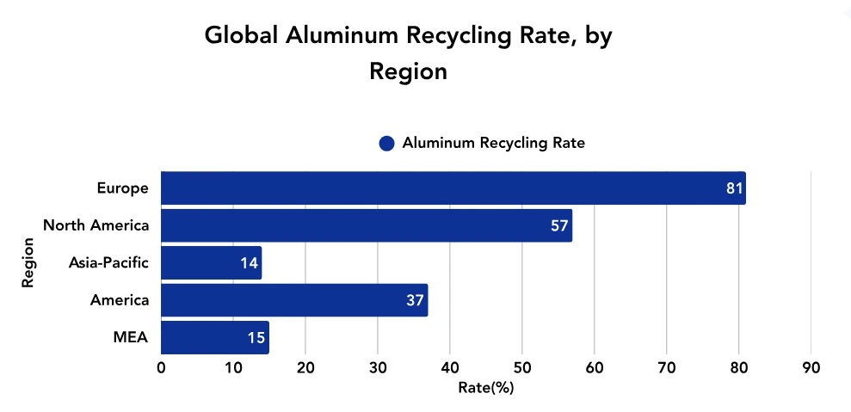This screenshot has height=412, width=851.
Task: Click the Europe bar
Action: point(453,188)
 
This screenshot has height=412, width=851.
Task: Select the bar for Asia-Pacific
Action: point(211,263)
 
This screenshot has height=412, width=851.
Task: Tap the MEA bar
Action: point(214,338)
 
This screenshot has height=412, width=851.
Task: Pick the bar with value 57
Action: point(366,225)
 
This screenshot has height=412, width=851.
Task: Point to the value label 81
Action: point(734,188)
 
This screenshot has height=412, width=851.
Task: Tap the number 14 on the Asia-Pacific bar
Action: point(250,263)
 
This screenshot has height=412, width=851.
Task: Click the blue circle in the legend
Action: point(386,144)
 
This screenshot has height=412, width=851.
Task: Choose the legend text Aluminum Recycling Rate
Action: point(493,144)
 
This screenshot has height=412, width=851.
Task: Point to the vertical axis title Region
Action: point(28,263)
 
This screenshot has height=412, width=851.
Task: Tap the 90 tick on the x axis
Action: point(811,368)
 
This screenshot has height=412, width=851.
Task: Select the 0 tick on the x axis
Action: point(161,368)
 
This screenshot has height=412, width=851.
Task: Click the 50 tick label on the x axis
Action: point(521,368)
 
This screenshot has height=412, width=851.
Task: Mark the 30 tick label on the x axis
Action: point(378,368)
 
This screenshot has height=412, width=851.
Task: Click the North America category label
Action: point(96,225)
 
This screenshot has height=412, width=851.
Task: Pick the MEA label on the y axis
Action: point(131,338)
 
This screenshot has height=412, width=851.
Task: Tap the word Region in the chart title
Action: point(408,71)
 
